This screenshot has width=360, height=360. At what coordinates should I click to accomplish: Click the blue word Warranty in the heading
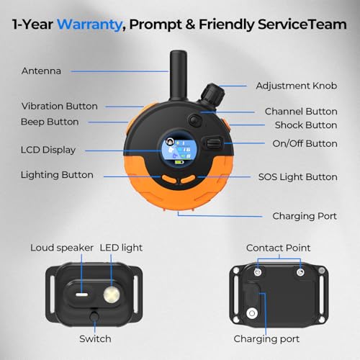[89, 24]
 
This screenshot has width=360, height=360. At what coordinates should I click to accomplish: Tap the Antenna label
[41, 71]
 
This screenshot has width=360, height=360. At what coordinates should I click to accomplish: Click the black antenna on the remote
[178, 76]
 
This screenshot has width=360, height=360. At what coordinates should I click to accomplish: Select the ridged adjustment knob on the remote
[212, 94]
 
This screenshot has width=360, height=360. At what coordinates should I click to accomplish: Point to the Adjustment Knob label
[297, 86]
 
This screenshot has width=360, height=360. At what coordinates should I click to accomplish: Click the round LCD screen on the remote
[179, 150]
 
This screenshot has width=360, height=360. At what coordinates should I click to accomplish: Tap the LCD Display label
[48, 150]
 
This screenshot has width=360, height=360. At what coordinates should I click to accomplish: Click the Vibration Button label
[60, 106]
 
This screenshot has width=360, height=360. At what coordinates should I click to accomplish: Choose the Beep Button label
[50, 122]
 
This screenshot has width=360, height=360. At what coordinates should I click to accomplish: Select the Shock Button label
[306, 125]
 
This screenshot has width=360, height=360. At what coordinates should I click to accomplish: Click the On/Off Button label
[305, 143]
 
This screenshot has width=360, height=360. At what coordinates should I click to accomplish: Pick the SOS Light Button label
[298, 177]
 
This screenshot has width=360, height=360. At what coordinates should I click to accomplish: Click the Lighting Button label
[57, 175]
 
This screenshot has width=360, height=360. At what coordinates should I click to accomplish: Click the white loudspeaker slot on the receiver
[82, 294]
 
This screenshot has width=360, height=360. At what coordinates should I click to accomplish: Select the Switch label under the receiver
[95, 339]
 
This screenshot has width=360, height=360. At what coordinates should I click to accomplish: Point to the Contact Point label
[278, 248]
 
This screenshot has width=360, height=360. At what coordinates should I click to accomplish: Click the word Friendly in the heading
[226, 24]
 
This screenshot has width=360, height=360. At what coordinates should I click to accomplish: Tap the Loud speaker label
[62, 248]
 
